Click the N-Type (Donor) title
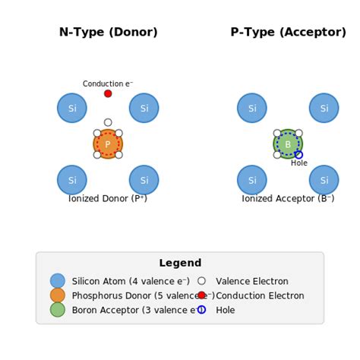108,33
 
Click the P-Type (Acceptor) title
288,33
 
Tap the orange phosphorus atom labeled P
108,144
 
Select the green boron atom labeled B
288,144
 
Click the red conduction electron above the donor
108,93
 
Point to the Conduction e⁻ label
108,84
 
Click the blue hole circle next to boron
298,155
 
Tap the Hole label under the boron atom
299,163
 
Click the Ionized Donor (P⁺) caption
108,199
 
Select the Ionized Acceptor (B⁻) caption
288,199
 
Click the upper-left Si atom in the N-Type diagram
72,108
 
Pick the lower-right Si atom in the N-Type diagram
144,180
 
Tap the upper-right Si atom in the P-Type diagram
324,108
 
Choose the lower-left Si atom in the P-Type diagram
252,180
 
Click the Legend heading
180,264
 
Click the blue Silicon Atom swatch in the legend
58,281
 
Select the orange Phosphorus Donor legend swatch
58,295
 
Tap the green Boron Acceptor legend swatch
58,310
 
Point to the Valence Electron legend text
251,281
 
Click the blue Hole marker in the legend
201,310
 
